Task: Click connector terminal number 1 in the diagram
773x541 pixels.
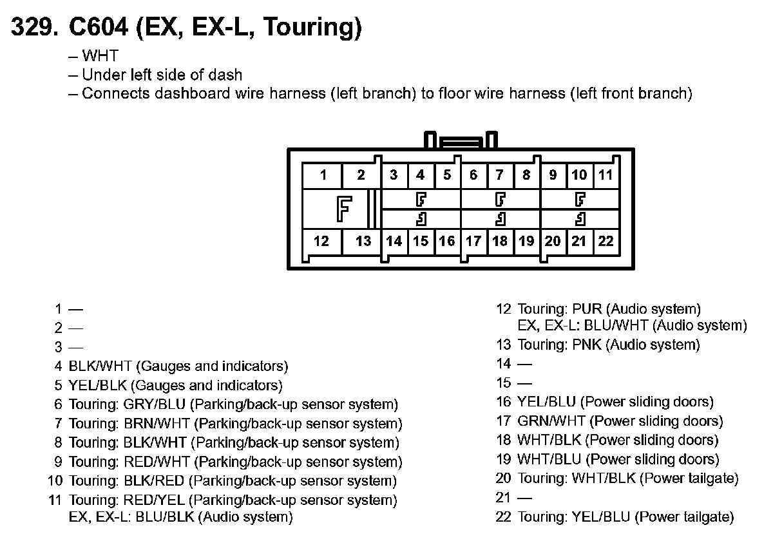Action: coord(323,175)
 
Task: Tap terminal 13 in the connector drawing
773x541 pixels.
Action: coord(363,241)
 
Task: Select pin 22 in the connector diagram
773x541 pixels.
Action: coord(606,241)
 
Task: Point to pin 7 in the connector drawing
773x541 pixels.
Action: coord(499,175)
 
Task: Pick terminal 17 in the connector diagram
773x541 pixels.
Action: coord(473,241)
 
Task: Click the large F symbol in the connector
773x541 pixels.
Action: coord(345,209)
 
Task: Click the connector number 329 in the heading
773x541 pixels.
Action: coord(33,27)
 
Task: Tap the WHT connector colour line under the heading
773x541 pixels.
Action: coord(100,57)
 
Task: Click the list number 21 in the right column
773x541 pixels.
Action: coord(503,498)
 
